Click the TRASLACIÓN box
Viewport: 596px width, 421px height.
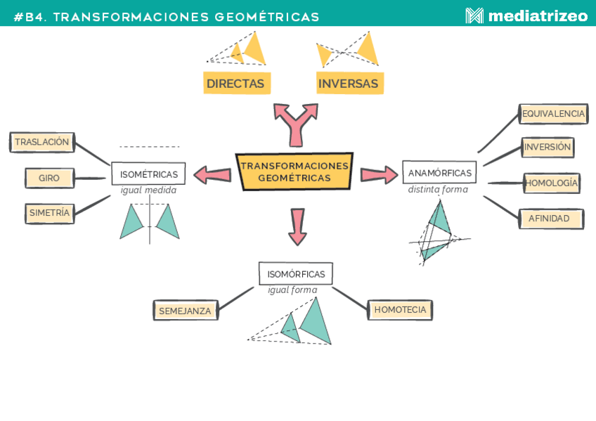(42, 142)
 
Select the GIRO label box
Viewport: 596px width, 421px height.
(49, 178)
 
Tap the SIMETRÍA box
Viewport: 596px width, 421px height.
(49, 212)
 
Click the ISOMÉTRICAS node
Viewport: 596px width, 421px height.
(148, 174)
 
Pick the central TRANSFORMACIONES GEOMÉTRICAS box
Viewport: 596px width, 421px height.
(294, 171)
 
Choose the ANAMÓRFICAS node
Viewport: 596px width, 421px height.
(439, 172)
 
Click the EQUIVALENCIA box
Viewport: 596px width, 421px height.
(553, 113)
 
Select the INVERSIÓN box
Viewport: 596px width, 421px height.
(548, 147)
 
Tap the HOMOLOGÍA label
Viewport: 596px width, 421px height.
(552, 183)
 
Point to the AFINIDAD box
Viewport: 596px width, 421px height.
(550, 219)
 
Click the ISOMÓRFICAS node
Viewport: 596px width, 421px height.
(296, 273)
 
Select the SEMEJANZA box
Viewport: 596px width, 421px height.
(186, 310)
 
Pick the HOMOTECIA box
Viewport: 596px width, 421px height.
(400, 309)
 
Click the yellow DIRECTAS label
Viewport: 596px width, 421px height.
(236, 84)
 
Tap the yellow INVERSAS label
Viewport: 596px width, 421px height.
(349, 84)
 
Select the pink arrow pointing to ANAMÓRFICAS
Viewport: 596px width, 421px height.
(379, 174)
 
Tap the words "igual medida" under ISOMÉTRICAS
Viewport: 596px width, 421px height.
(148, 190)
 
